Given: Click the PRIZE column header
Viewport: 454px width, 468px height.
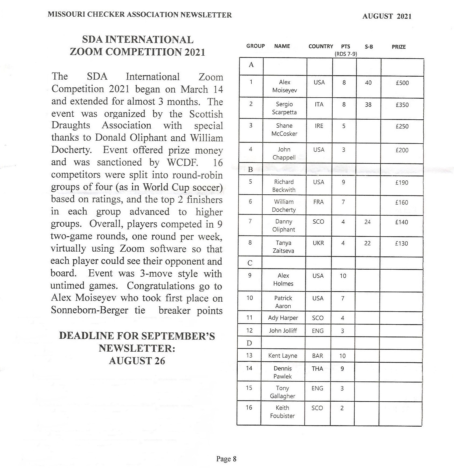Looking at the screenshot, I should pos(399,47).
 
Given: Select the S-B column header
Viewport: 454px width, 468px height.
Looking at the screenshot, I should pos(369,47).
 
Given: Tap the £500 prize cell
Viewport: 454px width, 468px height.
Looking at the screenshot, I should pos(402,83).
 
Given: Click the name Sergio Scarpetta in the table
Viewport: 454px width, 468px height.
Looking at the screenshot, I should pos(284,108).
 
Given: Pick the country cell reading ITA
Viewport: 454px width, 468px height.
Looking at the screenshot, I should pos(319,104).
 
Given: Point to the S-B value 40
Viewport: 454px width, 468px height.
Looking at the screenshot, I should pos(368,83).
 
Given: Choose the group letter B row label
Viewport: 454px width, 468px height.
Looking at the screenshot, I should pos(250,170).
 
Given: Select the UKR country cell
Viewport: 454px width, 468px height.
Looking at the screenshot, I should pos(318,243).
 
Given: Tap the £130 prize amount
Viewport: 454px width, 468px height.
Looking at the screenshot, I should pos(401,244).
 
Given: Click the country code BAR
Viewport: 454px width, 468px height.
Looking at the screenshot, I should pos(317,356).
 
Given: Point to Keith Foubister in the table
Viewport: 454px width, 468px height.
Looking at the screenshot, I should pos(282,412).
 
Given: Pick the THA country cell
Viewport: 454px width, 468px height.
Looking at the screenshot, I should pos(317,369).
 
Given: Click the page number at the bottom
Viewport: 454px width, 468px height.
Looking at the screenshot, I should pos(226,459).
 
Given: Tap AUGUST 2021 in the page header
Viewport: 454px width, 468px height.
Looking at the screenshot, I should pos(387,16).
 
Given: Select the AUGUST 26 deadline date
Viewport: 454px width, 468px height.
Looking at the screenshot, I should pos(137,361).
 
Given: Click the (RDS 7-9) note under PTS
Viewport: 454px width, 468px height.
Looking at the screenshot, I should pos(346,54).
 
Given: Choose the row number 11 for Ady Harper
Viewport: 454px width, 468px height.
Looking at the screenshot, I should pos(249,318).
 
